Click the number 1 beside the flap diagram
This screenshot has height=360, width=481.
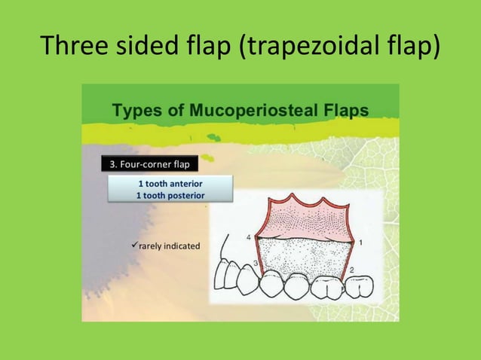click(x=360, y=243)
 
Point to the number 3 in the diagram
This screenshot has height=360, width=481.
click(x=256, y=262)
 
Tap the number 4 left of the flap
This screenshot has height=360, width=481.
click(x=250, y=237)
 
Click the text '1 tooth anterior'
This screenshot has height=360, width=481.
click(x=170, y=184)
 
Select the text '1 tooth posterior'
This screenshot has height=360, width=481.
click(x=170, y=195)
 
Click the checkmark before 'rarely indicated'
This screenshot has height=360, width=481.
click(x=133, y=245)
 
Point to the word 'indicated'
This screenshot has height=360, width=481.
click(x=182, y=246)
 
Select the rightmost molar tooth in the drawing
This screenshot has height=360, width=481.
click(x=357, y=287)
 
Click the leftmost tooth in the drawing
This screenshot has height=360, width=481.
click(x=224, y=276)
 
